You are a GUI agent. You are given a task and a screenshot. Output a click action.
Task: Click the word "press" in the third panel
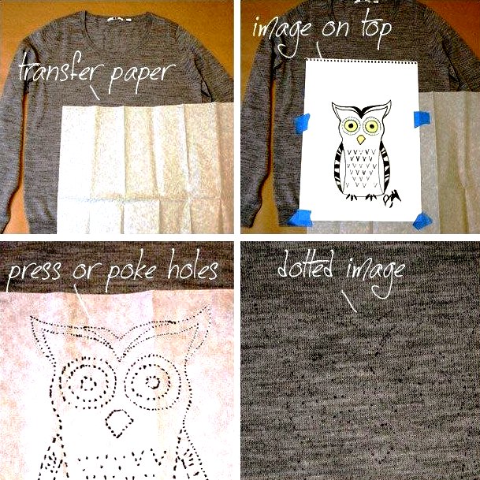[x=34, y=271]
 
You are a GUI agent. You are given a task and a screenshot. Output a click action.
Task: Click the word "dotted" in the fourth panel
[x=305, y=264]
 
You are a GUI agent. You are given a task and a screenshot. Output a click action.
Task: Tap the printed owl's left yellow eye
[x=351, y=125]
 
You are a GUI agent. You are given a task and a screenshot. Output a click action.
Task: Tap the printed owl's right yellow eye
[x=372, y=126]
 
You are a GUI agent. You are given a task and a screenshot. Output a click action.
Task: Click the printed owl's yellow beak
[x=361, y=140]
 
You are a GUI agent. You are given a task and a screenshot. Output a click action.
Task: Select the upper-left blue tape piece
[x=302, y=124]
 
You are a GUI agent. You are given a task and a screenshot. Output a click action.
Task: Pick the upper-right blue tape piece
[x=422, y=119]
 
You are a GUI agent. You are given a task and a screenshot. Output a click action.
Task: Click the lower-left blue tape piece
[x=300, y=218]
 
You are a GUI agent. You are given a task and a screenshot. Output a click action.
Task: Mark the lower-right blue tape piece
[x=422, y=221]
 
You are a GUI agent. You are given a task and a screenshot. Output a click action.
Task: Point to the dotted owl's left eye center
[x=88, y=383]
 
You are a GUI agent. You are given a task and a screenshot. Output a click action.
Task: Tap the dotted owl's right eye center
[x=153, y=381]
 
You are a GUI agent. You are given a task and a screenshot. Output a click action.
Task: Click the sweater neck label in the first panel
[x=119, y=20]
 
